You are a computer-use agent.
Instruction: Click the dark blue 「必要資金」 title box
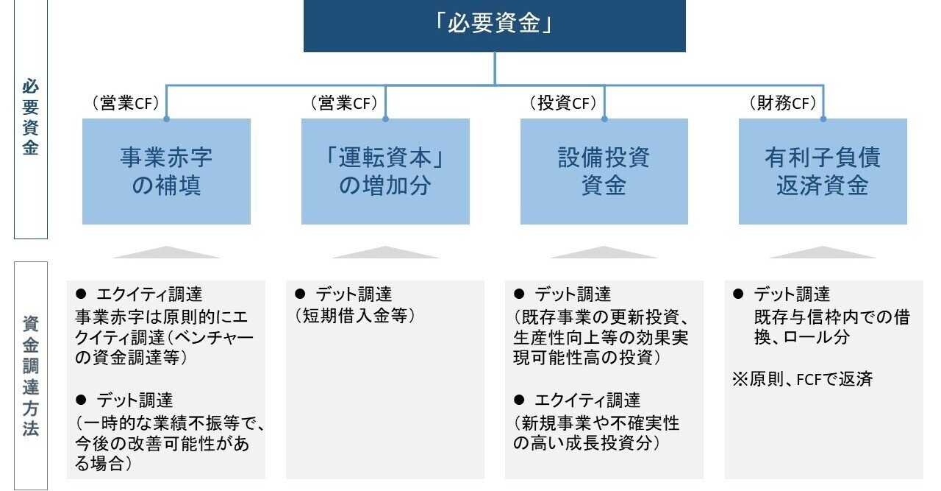[x=494, y=26]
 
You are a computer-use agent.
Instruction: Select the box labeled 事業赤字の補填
[x=166, y=171]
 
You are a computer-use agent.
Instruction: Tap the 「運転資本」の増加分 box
[x=385, y=171]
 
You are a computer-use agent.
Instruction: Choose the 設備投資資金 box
[x=604, y=171]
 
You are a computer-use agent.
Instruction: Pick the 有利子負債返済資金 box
[x=822, y=171]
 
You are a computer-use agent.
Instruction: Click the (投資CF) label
[x=562, y=104]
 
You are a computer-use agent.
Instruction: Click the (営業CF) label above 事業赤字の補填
[x=126, y=104]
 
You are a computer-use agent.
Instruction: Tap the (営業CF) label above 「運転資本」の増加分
[x=343, y=104]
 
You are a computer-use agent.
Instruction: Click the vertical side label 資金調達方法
[x=30, y=375]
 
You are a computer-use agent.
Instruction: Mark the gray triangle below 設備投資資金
[x=604, y=252]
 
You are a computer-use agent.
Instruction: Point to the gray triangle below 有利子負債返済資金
[x=822, y=252]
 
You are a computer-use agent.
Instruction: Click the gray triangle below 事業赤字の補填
[x=166, y=252]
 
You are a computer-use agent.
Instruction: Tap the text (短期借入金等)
[x=355, y=316]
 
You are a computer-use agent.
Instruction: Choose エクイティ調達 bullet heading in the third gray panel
[x=587, y=400]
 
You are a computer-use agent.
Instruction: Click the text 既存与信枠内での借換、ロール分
[x=831, y=327]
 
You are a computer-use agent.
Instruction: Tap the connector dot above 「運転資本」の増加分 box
[x=385, y=118]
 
